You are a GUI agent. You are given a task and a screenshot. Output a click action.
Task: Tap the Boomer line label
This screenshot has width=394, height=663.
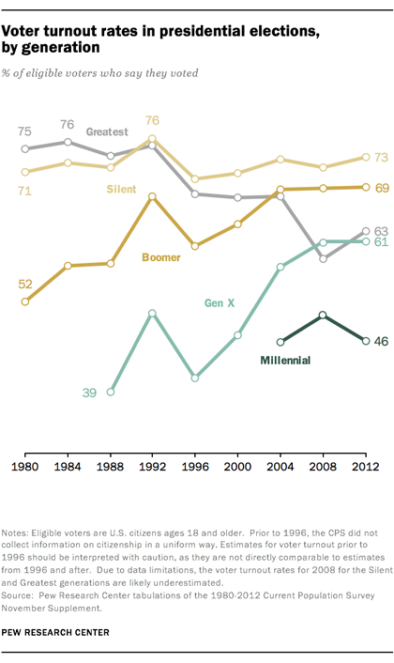tap(161, 256)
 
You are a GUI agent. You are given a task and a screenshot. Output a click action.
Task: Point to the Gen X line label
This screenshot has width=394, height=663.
tap(220, 302)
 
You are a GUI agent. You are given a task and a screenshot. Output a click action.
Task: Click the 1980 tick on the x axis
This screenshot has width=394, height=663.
tap(25, 465)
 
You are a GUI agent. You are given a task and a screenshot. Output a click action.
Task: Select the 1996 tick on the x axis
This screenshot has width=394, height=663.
tap(195, 465)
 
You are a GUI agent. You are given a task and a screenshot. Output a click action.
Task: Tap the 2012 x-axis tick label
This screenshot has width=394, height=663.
tap(365, 465)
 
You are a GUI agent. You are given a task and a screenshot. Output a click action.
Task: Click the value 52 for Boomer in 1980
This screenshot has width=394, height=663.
tap(25, 284)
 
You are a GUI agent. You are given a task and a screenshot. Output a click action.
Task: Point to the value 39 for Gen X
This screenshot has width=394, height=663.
tap(89, 393)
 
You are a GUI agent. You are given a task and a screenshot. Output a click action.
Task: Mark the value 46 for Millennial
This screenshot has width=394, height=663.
tap(382, 341)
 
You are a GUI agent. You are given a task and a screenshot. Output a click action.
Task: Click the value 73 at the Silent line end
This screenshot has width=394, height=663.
tap(382, 157)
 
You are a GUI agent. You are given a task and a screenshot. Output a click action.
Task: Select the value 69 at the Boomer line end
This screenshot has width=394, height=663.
tap(382, 187)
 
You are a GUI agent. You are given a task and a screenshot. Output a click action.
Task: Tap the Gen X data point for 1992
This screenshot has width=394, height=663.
tap(153, 313)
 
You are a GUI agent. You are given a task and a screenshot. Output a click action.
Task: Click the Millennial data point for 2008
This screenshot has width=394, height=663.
tap(323, 316)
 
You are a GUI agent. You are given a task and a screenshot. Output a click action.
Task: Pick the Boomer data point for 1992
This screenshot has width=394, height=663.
tap(153, 196)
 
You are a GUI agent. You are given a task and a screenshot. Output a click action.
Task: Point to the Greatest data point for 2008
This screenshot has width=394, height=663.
tap(323, 258)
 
